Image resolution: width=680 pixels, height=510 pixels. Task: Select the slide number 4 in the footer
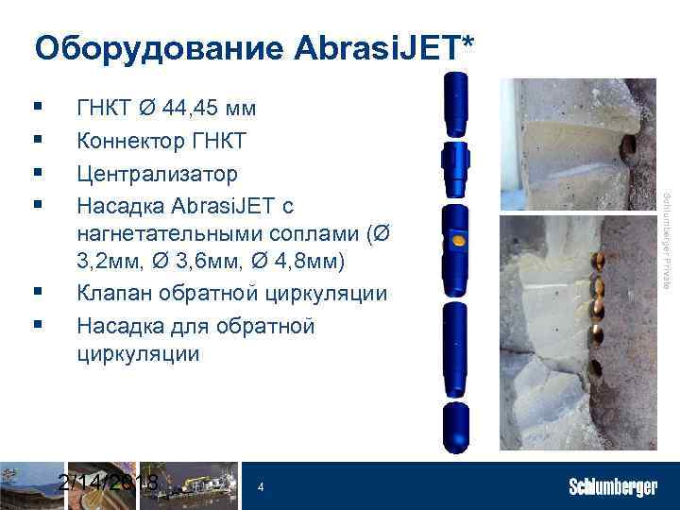(260, 487)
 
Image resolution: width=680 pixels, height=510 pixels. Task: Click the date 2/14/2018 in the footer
(107, 483)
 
